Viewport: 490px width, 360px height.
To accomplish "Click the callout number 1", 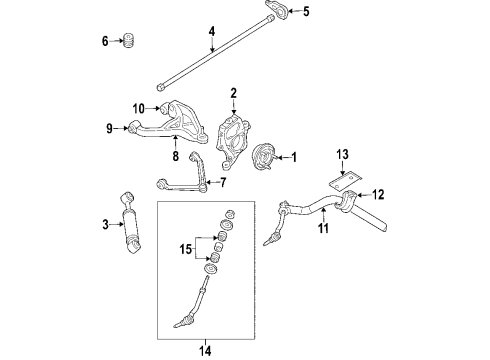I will tap(295, 157).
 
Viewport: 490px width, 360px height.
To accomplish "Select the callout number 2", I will tap(233, 95).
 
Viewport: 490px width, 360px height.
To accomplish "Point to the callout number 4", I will tap(211, 33).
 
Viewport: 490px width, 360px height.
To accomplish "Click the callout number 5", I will tap(307, 12).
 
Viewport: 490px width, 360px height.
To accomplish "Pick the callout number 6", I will tap(105, 41).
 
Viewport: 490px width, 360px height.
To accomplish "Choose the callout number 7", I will tap(223, 183).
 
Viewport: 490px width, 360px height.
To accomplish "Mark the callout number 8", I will tap(176, 156).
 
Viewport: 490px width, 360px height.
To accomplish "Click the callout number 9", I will tap(111, 127).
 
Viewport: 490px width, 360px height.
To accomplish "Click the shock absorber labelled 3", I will tap(131, 230).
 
